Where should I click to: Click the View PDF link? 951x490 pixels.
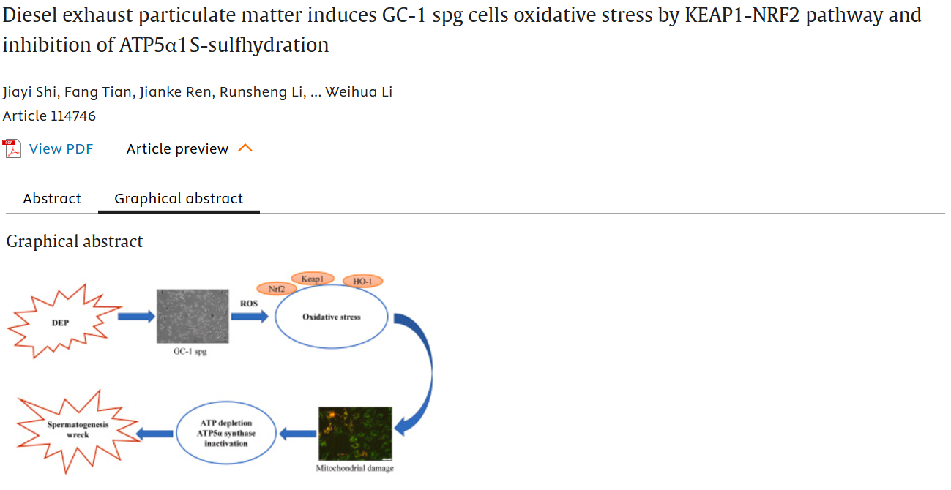tap(61, 149)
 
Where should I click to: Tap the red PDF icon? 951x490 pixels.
tap(12, 149)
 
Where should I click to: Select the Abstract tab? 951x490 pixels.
tap(52, 199)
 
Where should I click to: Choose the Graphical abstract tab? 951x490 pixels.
tap(179, 199)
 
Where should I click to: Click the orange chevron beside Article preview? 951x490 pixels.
tap(246, 148)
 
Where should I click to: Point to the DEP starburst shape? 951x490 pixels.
tap(61, 322)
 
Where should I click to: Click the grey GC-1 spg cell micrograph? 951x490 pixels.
tap(193, 316)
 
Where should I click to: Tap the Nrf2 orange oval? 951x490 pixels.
tap(276, 289)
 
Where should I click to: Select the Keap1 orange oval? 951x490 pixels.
tap(313, 279)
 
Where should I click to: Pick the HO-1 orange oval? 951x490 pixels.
tap(362, 281)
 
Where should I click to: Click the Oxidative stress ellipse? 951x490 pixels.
tap(331, 317)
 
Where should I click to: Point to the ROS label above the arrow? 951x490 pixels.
tap(249, 303)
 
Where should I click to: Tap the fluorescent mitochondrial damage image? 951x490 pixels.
tap(355, 433)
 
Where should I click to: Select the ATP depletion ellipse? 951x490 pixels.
tap(225, 434)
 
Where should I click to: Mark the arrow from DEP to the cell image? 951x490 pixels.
tap(136, 316)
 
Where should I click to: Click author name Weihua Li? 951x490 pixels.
tap(359, 92)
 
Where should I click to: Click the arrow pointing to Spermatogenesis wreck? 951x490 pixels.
tap(156, 434)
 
